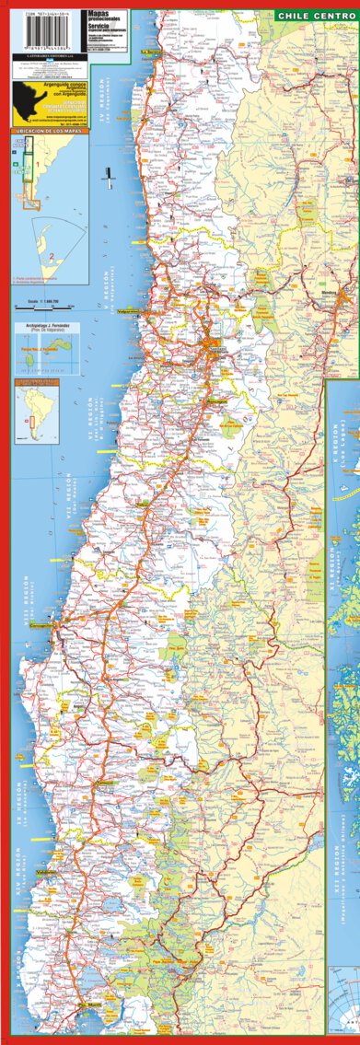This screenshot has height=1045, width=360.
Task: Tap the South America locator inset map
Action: tap(32, 410)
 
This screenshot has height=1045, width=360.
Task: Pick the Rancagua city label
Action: tap(216, 401)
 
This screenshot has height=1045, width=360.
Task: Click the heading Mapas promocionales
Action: tap(103, 17)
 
